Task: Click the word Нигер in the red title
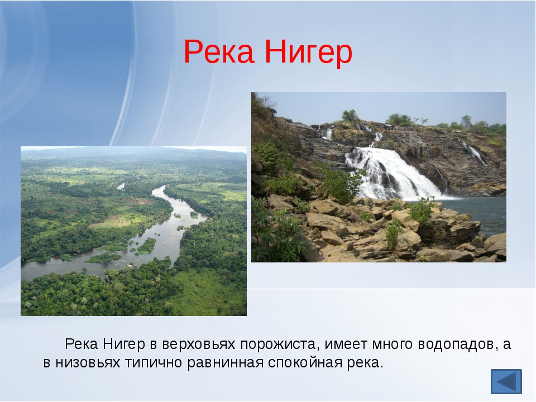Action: pos(308,52)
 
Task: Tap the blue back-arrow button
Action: pos(506,382)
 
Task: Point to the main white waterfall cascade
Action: pos(385,170)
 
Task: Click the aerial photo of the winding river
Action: pos(133,231)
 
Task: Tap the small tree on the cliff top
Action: pos(350,115)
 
